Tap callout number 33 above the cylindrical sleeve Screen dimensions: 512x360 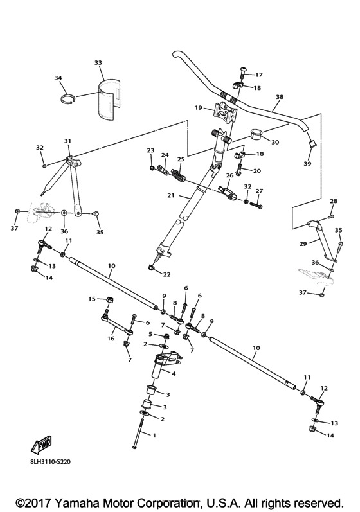click(98, 62)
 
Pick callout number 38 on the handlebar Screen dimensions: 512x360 click(278, 96)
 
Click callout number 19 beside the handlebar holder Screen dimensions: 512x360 click(199, 108)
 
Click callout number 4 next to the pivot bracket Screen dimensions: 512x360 click(173, 372)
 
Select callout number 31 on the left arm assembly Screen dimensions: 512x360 click(67, 141)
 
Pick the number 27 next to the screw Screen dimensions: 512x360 click(260, 191)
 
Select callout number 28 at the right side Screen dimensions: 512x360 click(333, 201)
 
